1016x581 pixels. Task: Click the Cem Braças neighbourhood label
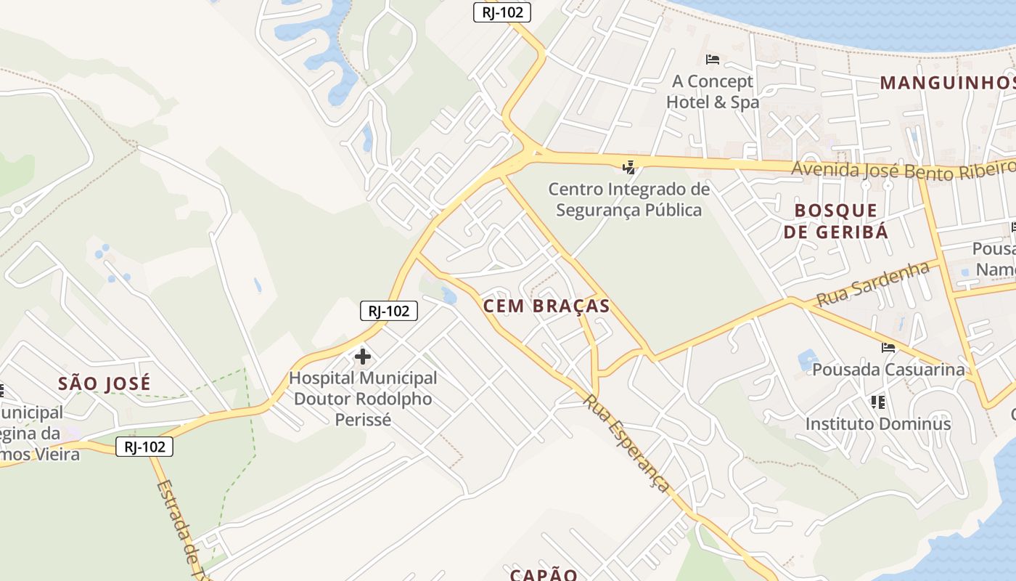pos(546,306)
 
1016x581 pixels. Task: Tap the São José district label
pos(105,383)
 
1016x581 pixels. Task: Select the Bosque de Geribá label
pos(841,221)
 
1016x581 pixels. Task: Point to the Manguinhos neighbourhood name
pos(947,83)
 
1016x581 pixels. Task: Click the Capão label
pos(544,574)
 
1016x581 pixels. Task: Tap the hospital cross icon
pos(363,357)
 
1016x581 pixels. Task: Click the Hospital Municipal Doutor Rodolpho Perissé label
pos(363,399)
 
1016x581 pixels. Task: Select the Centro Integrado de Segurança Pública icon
pos(628,168)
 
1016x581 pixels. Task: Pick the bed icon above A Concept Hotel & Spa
pos(713,59)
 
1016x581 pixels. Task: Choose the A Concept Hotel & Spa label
pos(712,92)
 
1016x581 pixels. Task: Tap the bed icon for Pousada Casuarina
pos(888,348)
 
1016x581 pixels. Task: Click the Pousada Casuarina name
pos(889,370)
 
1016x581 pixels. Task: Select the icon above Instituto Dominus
pos(878,402)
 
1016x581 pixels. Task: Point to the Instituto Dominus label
pos(878,423)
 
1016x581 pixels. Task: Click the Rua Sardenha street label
pos(873,285)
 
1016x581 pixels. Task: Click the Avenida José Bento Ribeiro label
pos(903,168)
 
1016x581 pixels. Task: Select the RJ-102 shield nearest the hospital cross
pos(389,312)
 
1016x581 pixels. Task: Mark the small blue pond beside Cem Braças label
pos(448,296)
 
